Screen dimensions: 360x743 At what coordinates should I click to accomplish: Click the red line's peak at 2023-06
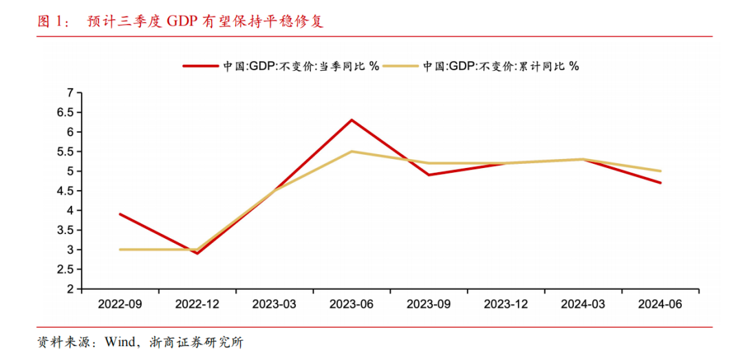pyautogui.click(x=352, y=120)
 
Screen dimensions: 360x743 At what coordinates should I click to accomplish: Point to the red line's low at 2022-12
pyautogui.click(x=197, y=253)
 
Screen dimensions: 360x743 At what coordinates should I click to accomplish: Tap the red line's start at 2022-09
pyautogui.click(x=120, y=214)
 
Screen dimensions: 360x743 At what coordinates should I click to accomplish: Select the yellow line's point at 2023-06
pyautogui.click(x=352, y=151)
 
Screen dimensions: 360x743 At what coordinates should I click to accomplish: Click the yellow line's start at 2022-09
pyautogui.click(x=120, y=249)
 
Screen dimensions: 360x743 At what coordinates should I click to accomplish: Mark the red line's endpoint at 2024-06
pyautogui.click(x=660, y=182)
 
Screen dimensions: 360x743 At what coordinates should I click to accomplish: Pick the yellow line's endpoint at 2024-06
pyautogui.click(x=660, y=171)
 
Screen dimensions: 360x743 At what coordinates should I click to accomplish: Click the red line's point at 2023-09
pyautogui.click(x=429, y=175)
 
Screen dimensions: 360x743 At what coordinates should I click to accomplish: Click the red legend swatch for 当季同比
pyautogui.click(x=200, y=66)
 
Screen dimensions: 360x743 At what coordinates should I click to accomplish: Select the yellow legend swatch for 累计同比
pyautogui.click(x=401, y=66)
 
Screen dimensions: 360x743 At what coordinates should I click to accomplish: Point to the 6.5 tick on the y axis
pyautogui.click(x=69, y=112)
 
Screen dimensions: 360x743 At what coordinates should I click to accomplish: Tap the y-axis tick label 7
pyautogui.click(x=70, y=92)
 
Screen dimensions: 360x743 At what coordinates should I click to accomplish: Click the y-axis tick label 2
pyautogui.click(x=70, y=289)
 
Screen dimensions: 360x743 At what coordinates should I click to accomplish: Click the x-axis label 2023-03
pyautogui.click(x=274, y=304)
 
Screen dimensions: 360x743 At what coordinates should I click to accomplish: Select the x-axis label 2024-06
pyautogui.click(x=660, y=304)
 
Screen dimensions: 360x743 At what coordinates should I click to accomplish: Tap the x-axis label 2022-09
pyautogui.click(x=120, y=304)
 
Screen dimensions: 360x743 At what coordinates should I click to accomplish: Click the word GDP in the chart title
pyautogui.click(x=181, y=21)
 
